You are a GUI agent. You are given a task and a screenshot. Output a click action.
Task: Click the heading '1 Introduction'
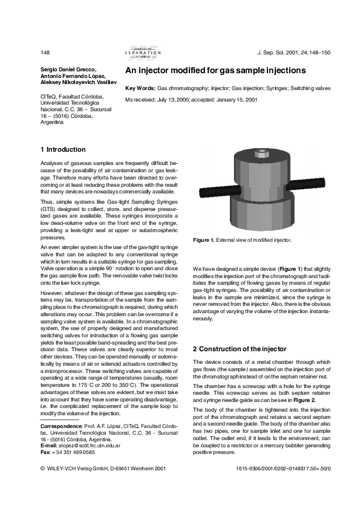(x=63, y=149)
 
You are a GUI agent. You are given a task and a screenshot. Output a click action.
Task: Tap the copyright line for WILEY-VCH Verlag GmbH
(x=98, y=468)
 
